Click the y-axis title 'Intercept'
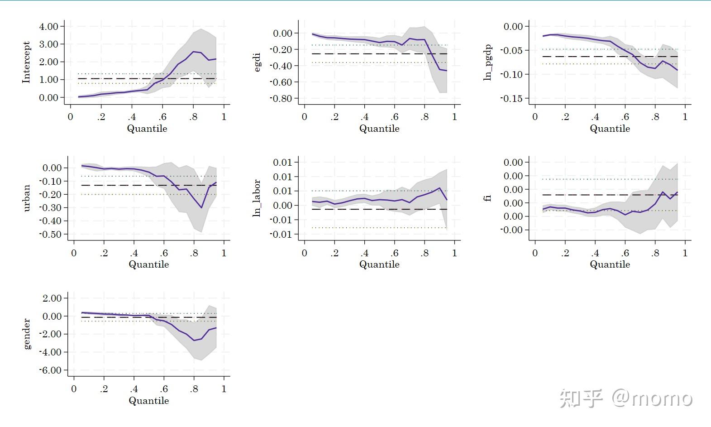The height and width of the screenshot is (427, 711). (x=26, y=62)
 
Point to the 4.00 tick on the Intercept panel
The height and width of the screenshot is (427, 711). (x=49, y=26)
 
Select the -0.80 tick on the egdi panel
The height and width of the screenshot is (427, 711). (x=281, y=98)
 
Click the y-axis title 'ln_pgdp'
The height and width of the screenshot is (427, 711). (x=487, y=62)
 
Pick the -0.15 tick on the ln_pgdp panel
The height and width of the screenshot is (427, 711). (x=511, y=98)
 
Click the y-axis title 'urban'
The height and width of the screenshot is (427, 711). (x=26, y=198)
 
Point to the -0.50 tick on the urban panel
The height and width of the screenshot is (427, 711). (x=51, y=235)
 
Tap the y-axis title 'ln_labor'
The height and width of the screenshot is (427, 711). (x=257, y=198)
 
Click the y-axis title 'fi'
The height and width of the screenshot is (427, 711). (x=487, y=198)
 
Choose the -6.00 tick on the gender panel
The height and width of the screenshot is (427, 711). (x=51, y=370)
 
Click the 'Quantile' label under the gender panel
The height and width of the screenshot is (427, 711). (x=149, y=401)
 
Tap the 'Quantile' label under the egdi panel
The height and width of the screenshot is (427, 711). (x=379, y=129)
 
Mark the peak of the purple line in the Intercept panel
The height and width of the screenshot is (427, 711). (x=194, y=52)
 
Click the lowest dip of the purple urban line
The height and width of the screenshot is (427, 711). (x=201, y=208)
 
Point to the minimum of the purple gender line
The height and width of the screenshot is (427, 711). (x=194, y=341)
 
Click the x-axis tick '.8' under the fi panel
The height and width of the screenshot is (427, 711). (x=655, y=253)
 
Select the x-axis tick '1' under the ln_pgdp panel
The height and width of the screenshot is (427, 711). (x=685, y=117)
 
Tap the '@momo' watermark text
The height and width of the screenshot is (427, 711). (x=652, y=398)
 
